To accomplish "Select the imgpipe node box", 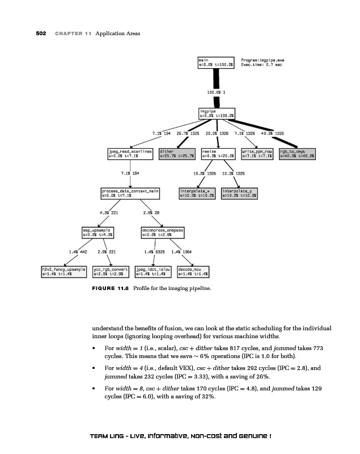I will click(x=217, y=113).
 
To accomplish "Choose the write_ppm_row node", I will click(x=258, y=153).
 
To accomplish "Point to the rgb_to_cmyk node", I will click(x=298, y=153).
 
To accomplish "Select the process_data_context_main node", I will click(x=130, y=194).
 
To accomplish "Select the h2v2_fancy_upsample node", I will click(x=63, y=271).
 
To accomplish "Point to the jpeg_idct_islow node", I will click(x=154, y=271).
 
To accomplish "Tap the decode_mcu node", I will click(x=194, y=271).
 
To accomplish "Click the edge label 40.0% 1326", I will click(x=273, y=133).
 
